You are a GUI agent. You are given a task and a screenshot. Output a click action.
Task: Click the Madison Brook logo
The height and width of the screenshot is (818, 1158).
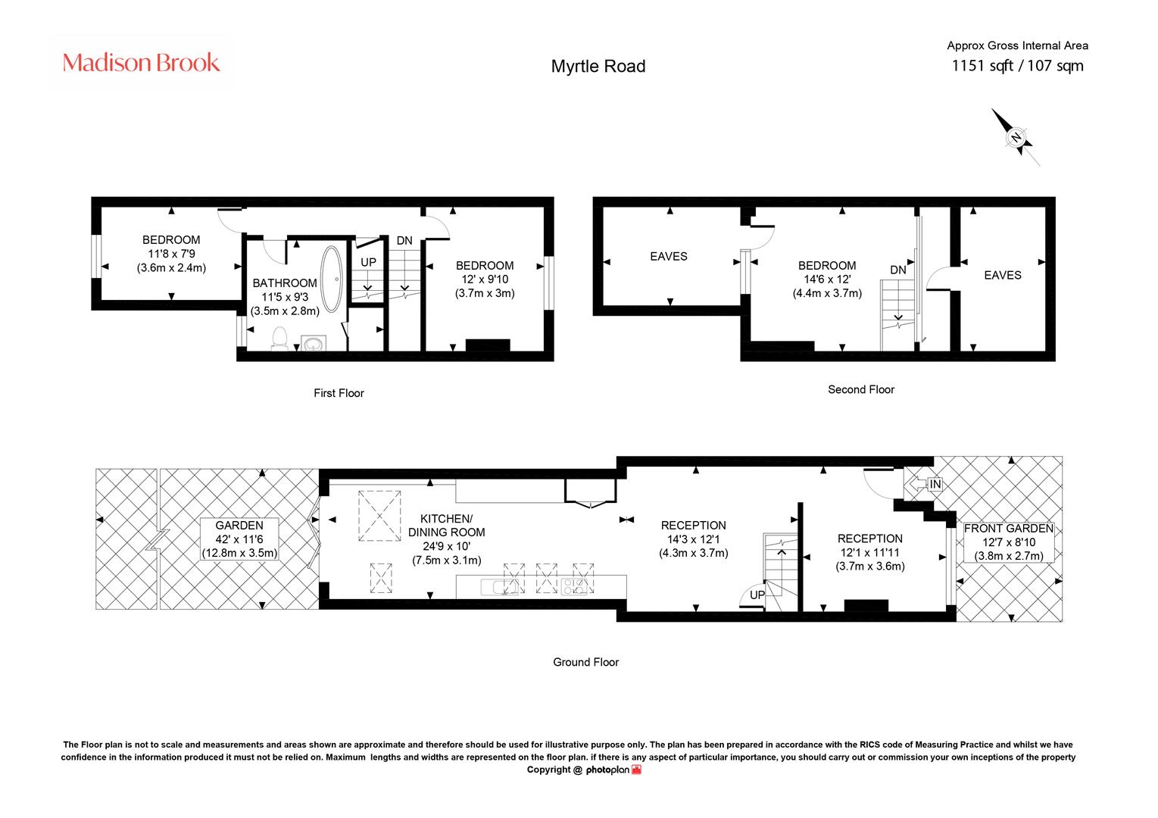(141, 63)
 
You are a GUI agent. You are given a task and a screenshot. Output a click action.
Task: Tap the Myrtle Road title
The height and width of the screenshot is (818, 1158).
(598, 66)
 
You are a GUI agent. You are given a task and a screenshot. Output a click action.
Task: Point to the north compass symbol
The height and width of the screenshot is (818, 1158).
(1015, 137)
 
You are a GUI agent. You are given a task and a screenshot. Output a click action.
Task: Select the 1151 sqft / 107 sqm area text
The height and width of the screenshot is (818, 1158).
(1017, 66)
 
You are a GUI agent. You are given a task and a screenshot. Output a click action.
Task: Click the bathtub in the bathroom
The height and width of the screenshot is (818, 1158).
(331, 279)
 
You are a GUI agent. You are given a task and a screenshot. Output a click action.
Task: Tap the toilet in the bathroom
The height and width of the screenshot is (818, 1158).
(279, 338)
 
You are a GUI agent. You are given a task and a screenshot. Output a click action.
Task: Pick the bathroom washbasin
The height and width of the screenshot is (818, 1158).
(314, 343)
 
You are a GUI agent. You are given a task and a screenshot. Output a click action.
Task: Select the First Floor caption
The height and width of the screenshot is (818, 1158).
(339, 393)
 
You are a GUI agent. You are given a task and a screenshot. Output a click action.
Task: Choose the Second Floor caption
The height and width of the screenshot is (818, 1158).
(861, 389)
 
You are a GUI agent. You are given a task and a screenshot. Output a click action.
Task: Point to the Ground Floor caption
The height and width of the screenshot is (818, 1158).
(585, 662)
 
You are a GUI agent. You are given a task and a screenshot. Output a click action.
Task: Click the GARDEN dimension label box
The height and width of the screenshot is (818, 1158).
(239, 539)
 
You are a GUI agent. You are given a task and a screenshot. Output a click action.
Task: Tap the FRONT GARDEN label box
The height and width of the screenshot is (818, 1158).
(1009, 542)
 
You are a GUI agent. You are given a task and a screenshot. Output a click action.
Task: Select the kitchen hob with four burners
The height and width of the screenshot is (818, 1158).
(574, 586)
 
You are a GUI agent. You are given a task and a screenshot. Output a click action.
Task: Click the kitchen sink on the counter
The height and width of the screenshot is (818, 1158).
(499, 587)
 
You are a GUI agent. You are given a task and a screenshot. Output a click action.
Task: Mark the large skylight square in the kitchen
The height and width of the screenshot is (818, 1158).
(379, 516)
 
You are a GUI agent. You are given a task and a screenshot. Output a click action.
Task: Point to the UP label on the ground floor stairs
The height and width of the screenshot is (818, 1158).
(757, 595)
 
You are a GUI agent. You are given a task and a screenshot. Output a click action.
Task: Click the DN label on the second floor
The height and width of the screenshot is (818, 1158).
(898, 270)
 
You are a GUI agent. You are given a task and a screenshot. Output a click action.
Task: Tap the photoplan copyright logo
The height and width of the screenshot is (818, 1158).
(613, 770)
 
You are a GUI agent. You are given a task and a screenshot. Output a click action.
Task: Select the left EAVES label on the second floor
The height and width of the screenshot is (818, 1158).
(669, 257)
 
